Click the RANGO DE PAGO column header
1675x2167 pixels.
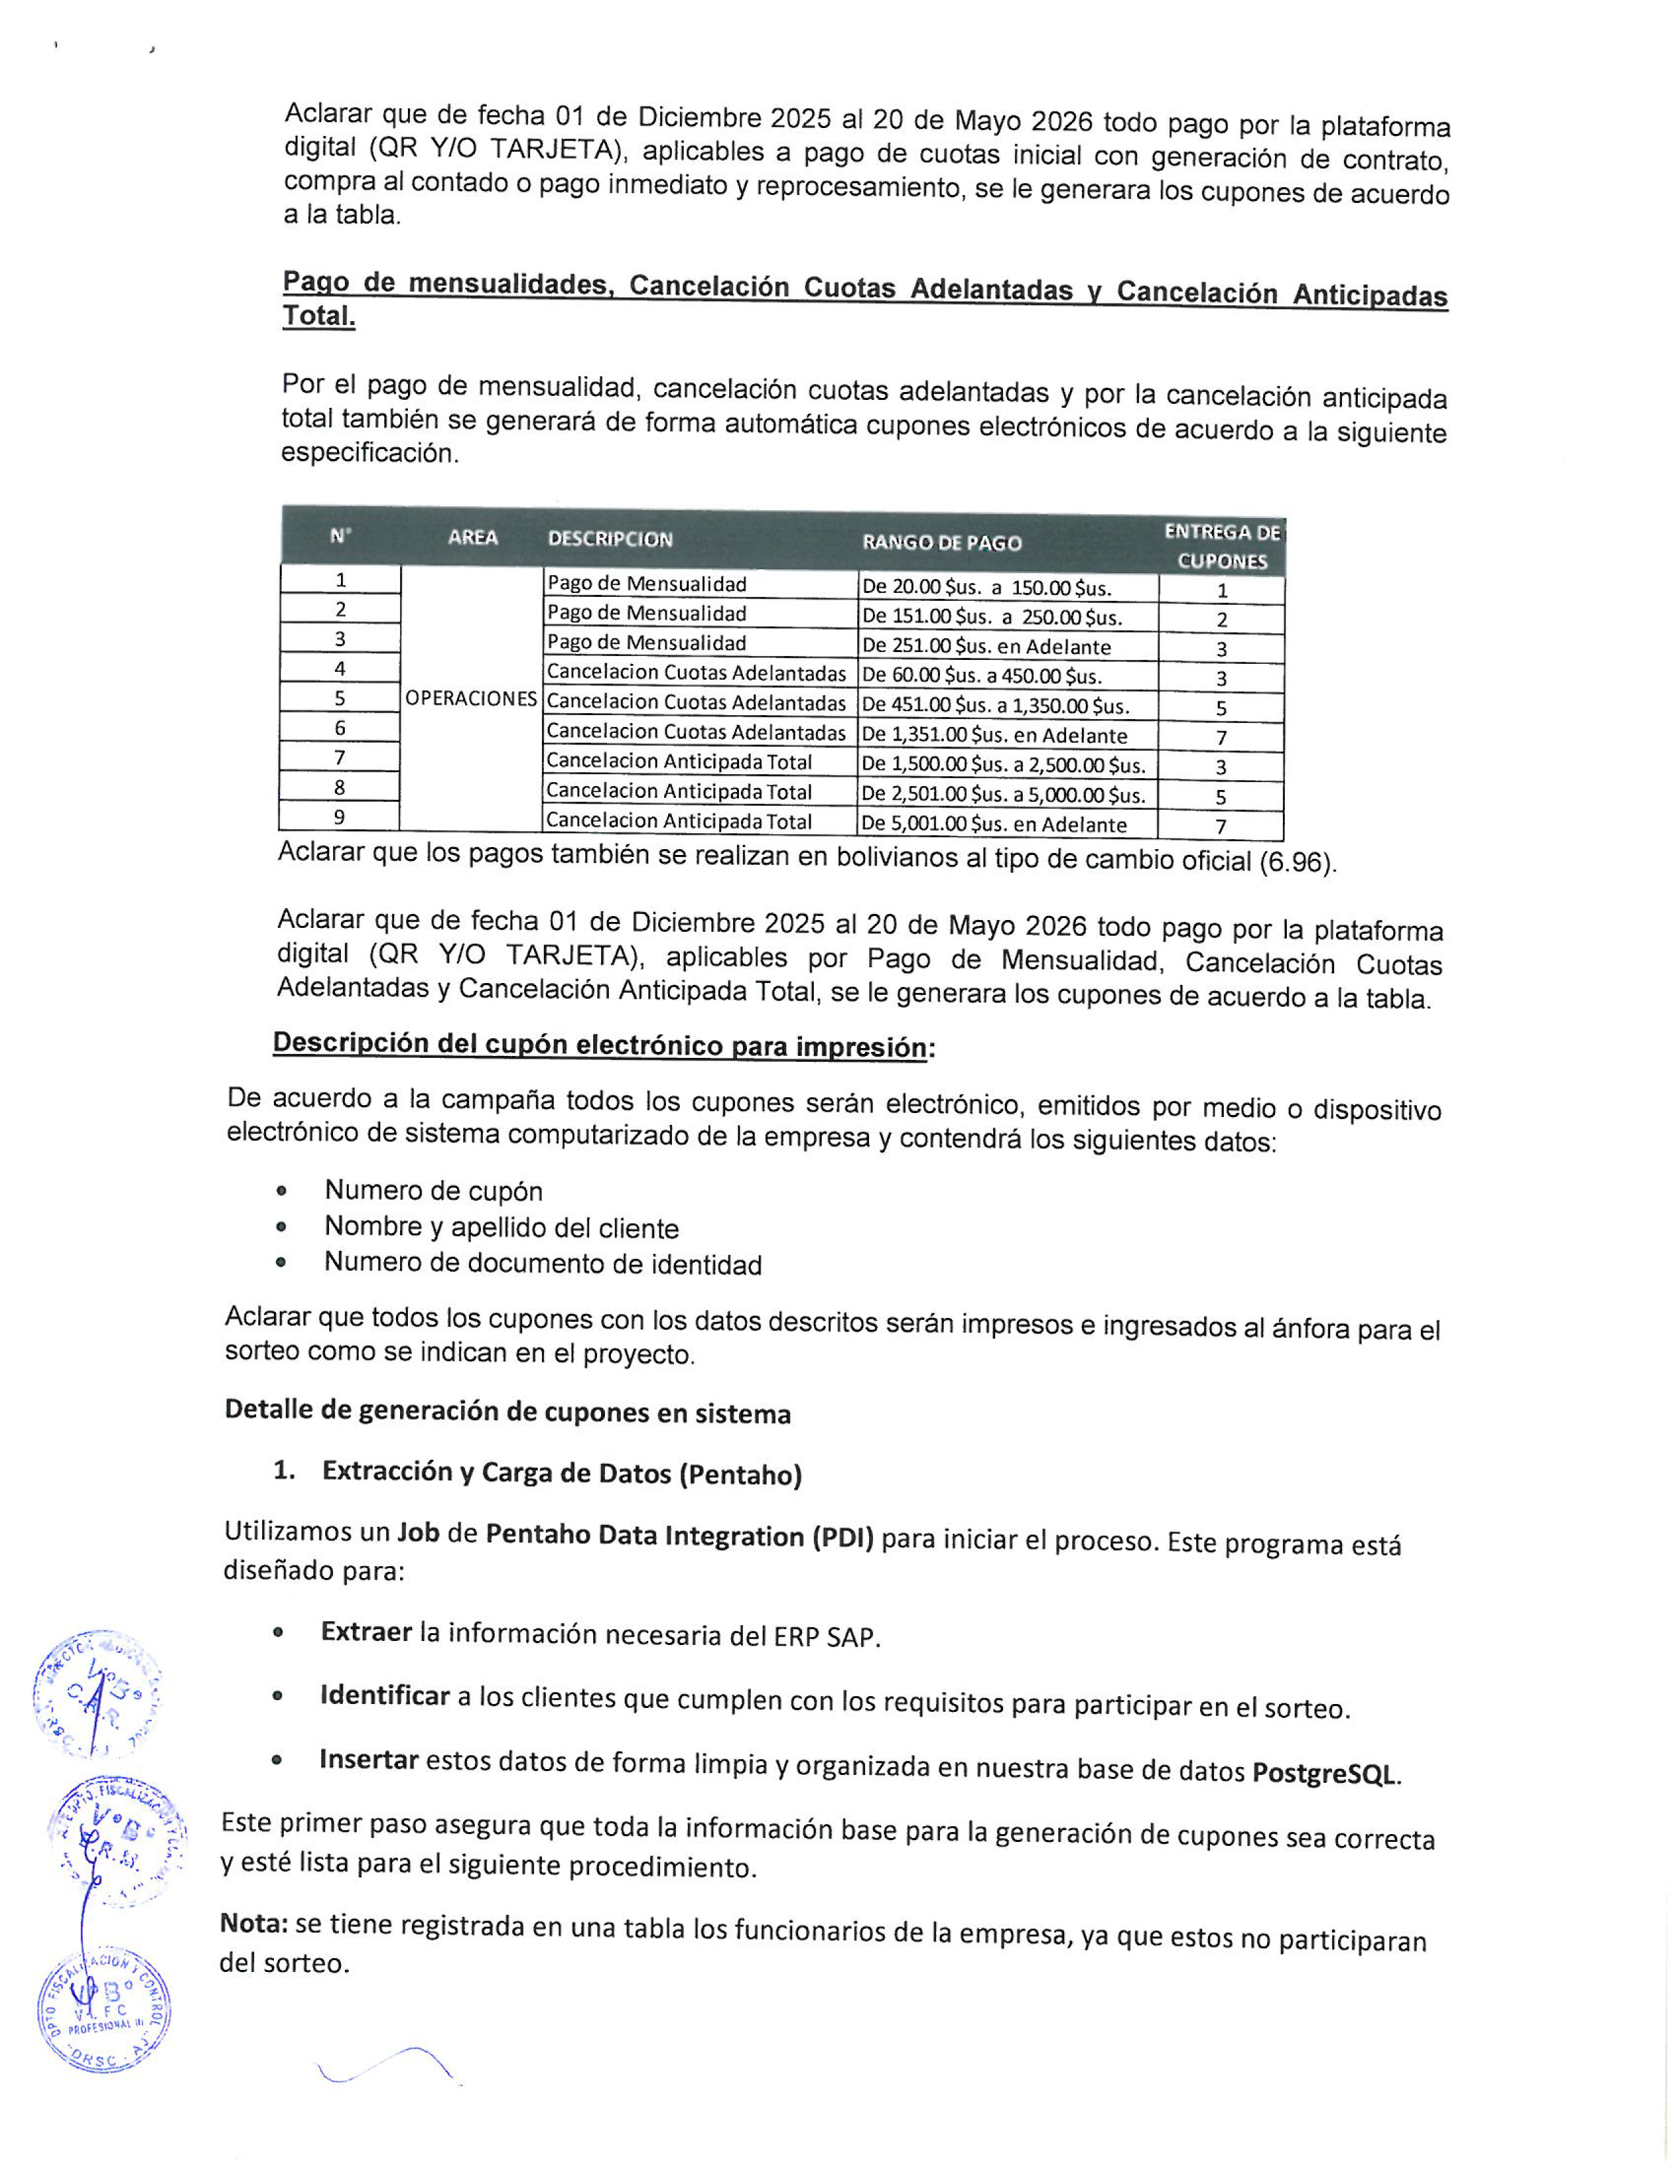941,542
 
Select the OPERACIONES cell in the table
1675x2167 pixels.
470,699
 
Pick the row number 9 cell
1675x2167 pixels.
340,818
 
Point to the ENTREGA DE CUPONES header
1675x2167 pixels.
1222,546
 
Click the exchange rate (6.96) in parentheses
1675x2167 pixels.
1296,862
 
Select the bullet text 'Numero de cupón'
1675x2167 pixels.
434,1191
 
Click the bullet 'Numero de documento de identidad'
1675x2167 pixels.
543,1264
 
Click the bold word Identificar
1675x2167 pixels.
385,1696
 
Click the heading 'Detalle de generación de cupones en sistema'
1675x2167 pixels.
507,1412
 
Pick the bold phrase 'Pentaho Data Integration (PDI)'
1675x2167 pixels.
679,1536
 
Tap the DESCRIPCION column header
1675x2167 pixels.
610,538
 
